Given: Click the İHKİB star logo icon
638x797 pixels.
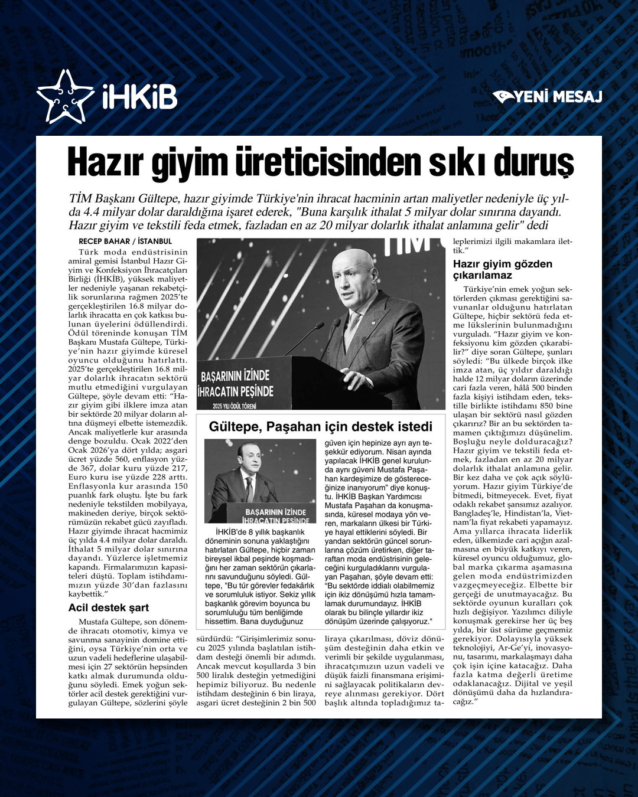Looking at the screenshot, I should (65, 96).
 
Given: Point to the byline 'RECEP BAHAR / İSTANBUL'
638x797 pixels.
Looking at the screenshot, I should (125, 241).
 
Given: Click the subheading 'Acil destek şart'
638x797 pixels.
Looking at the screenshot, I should (109, 607).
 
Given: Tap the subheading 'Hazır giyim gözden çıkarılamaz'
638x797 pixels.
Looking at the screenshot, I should (503, 269).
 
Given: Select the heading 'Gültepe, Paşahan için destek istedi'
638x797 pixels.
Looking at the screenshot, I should (321, 427).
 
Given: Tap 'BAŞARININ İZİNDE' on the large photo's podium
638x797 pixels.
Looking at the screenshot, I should (235, 376).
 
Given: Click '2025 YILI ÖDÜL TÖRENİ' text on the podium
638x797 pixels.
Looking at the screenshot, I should (235, 406).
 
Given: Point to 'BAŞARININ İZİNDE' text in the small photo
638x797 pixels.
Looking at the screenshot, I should (275, 512).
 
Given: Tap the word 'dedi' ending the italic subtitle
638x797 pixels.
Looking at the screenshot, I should (538, 226).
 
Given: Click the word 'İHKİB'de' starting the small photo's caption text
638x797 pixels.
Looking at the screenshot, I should (235, 532).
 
